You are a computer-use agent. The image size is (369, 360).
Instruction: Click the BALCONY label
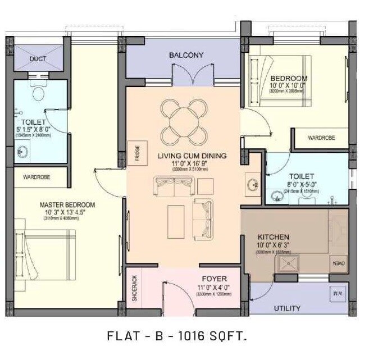(x=186, y=55)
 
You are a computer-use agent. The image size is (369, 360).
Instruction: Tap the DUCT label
(x=38, y=59)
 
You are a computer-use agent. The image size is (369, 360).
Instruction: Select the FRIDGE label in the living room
(x=137, y=153)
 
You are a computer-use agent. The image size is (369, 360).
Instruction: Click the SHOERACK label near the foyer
(x=134, y=288)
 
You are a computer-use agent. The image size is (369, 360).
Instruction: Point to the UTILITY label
(x=287, y=308)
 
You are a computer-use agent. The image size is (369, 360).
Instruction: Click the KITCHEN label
(x=273, y=237)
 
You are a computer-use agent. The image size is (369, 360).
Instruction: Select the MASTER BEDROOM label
(x=67, y=204)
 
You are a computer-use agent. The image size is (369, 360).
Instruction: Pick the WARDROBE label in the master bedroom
(x=37, y=177)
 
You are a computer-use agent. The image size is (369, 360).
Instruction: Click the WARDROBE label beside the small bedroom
(x=322, y=138)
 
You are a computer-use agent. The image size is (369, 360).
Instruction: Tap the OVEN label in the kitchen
(x=340, y=263)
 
